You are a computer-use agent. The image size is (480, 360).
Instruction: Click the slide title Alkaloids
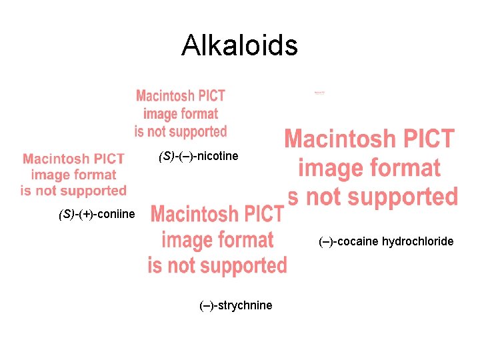(239, 45)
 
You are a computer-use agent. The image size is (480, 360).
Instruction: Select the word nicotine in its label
(217, 156)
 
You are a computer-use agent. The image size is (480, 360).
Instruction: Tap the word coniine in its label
(115, 214)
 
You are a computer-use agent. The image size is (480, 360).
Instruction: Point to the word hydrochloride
(417, 241)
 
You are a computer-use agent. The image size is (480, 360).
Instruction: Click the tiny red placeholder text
(319, 93)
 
